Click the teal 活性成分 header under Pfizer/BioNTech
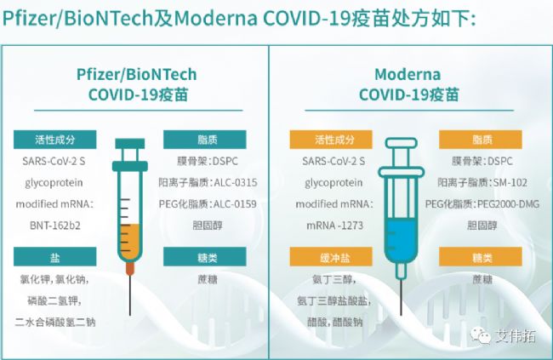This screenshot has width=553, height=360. point(54,140)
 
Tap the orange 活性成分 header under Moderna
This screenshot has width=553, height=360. point(331,140)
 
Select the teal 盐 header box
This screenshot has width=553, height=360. point(54,256)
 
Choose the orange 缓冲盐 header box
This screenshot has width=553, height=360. point(331,256)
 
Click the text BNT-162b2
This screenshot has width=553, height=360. point(55,226)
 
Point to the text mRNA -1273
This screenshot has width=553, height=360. point(334,226)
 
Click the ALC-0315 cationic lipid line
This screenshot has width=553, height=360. point(208,182)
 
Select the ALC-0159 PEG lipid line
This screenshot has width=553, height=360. point(208,204)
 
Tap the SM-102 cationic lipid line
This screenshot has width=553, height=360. point(482,182)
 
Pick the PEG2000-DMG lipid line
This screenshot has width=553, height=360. point(482,204)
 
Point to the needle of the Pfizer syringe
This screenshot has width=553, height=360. point(130,294)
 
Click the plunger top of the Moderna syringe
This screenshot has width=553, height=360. point(402,143)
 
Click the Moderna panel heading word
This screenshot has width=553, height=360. point(408,75)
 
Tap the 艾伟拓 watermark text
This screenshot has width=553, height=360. point(516,336)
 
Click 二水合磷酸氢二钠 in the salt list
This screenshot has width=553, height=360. point(55,322)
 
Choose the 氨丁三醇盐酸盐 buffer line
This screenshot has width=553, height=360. point(334,300)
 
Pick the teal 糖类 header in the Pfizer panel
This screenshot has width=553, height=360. point(205,256)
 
